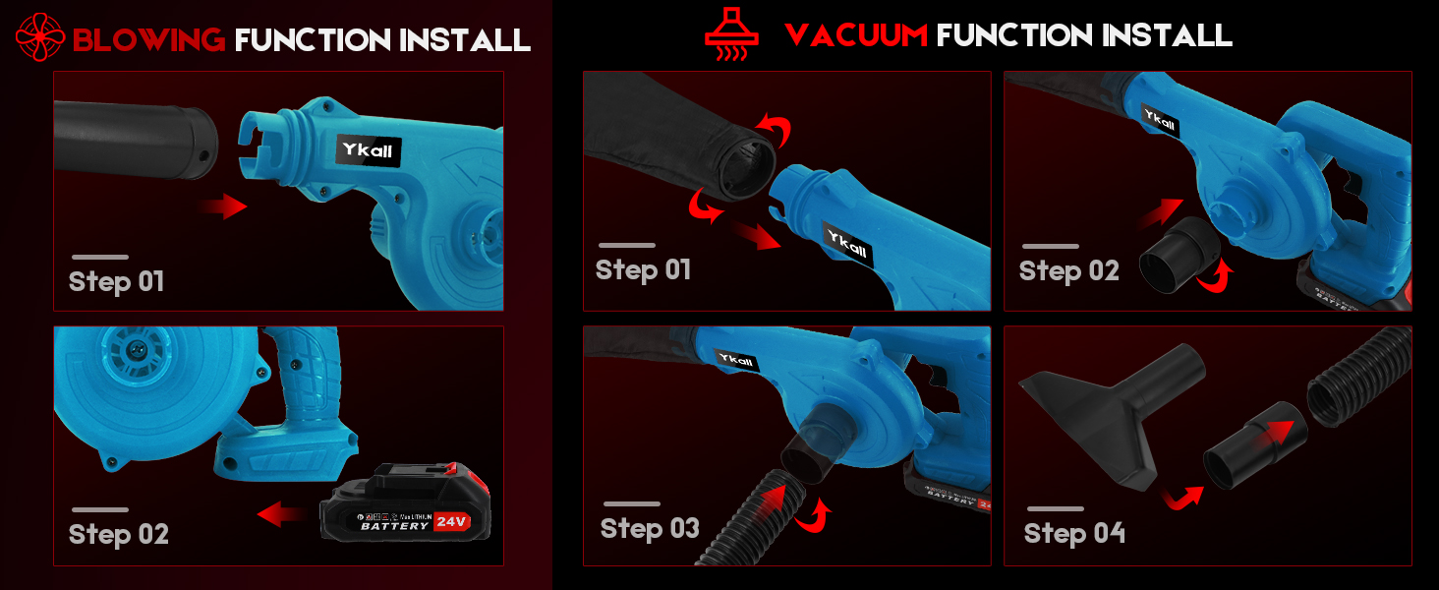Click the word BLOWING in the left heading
[x=148, y=39]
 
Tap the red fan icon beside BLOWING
[x=40, y=37]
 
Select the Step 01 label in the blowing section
[x=116, y=282]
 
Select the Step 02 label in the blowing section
[x=118, y=535]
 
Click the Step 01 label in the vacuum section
[x=643, y=270]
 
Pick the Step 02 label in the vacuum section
[x=1068, y=271]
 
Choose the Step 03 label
[x=650, y=529]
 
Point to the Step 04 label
[x=1074, y=533]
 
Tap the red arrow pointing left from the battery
[x=279, y=512]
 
